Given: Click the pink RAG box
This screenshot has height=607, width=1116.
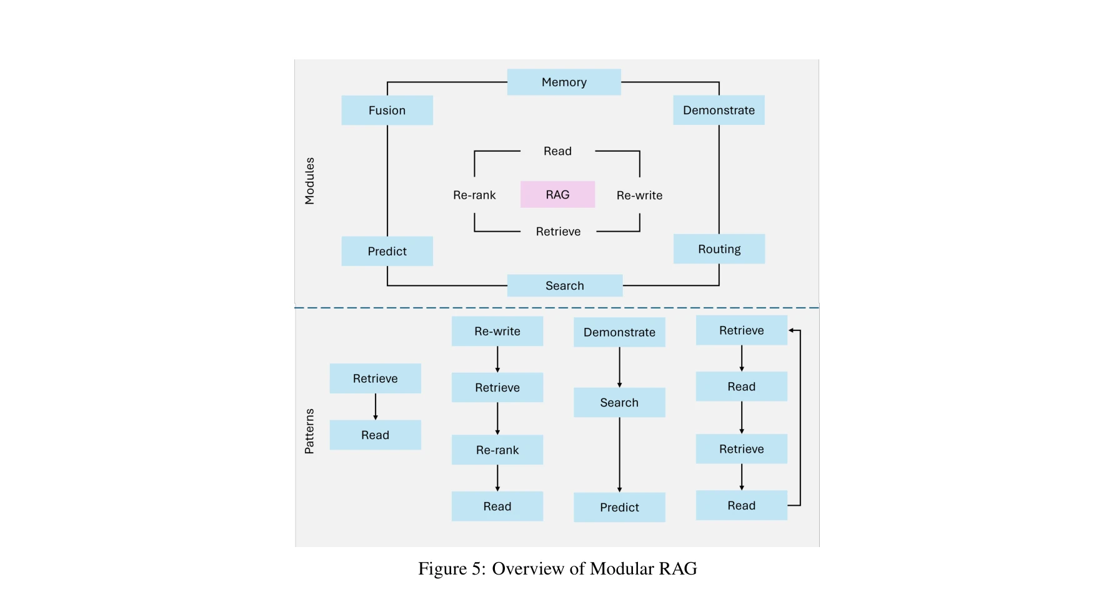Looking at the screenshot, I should point(557,194).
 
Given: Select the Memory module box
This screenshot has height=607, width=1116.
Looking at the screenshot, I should point(564,82).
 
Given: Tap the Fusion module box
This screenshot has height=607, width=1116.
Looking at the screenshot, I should point(387,110).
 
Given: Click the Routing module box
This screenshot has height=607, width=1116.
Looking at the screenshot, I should point(719,249).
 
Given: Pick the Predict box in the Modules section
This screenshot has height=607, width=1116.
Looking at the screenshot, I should point(387,251).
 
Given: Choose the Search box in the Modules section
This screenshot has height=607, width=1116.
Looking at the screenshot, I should point(564,285).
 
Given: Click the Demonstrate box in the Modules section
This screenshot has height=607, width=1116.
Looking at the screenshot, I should point(719,110).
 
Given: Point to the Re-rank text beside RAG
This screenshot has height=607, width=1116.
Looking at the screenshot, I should point(474,195).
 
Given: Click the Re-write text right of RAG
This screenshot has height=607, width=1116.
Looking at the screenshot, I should point(639,195).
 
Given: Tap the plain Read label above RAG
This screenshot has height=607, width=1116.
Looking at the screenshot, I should point(557,151).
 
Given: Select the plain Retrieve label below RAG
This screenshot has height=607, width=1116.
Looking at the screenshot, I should point(558,232).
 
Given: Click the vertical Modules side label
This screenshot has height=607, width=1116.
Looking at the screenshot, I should point(309,181).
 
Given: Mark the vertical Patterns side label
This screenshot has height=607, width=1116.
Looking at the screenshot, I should point(309,431).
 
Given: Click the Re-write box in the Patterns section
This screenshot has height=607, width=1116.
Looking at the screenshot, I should point(497,331).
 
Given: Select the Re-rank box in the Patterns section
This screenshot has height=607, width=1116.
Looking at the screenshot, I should point(497,450).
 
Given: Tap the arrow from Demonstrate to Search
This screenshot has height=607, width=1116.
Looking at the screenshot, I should point(619,367).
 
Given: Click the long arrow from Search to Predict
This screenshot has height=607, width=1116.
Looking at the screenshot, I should point(619,455).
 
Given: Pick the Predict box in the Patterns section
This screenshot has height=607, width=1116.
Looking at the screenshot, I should point(619,507).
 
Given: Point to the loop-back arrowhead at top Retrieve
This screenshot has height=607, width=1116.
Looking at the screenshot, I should point(792,330).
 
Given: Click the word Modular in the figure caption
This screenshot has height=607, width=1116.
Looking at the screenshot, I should point(620,568).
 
